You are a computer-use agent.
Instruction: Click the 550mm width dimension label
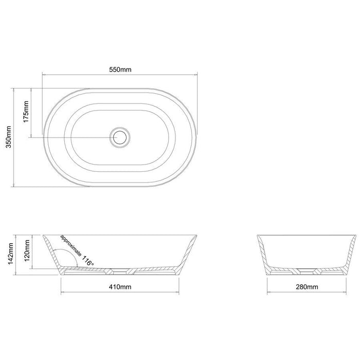120,69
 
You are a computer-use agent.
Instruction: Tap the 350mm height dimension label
9,137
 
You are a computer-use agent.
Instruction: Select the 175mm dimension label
26,112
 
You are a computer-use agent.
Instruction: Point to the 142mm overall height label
11,254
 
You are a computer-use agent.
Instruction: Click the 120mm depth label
27,250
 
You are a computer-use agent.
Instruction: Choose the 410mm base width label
120,286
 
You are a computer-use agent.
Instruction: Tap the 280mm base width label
307,286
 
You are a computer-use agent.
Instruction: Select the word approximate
71,245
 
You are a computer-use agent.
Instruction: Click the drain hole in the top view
120,137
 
